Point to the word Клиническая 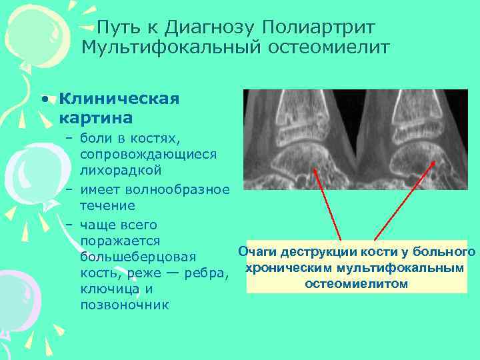point(119,99)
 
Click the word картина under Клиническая point(95,118)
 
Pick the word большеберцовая point(137,257)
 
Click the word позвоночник point(125,305)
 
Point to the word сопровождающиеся point(147,154)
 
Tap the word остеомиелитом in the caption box point(356,284)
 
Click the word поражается point(119,240)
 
